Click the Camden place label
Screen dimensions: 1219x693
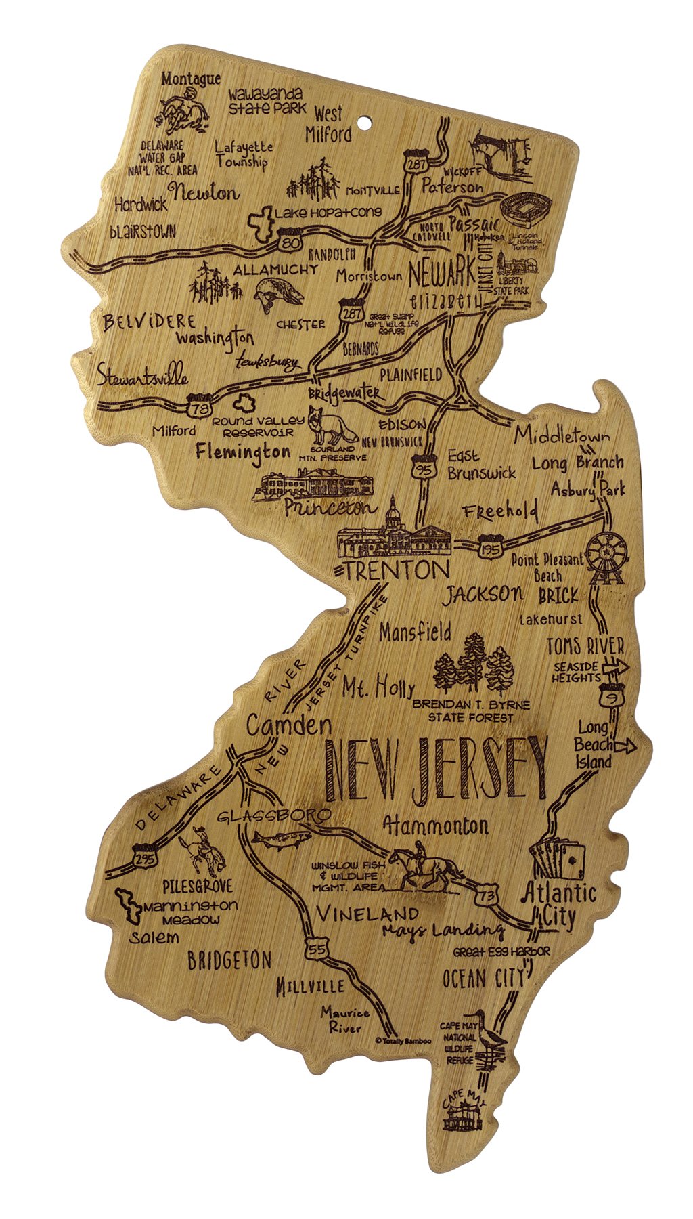click(x=288, y=726)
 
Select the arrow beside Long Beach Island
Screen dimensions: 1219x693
click(x=625, y=746)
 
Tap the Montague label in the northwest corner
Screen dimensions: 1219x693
click(x=190, y=79)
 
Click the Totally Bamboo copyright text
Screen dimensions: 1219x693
click(x=403, y=1042)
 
